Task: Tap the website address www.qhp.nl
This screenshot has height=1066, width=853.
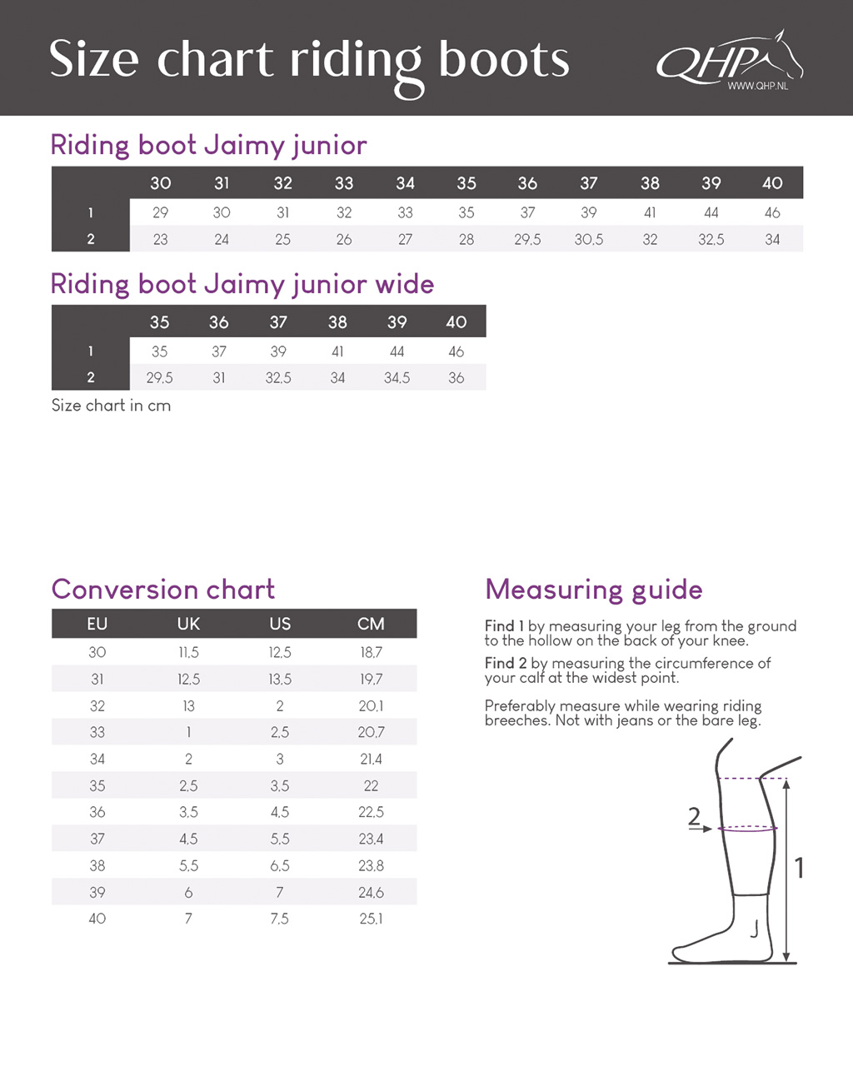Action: (756, 87)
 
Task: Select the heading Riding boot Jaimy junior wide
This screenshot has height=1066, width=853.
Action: (242, 284)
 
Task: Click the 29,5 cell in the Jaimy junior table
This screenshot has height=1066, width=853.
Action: (527, 239)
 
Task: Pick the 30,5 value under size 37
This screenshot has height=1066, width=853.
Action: (589, 239)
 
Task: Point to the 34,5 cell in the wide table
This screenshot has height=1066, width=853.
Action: (397, 377)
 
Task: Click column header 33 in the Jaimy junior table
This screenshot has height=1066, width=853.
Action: (344, 183)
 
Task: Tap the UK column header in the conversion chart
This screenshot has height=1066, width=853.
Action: (188, 624)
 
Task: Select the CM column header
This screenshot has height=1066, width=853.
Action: (371, 624)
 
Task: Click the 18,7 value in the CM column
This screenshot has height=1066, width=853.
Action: (371, 652)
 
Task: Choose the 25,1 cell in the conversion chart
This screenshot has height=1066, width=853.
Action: (371, 919)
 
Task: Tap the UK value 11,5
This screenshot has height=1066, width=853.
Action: (188, 652)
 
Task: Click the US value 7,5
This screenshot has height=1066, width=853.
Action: (280, 919)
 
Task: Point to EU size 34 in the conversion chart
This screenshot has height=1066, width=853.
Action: (97, 759)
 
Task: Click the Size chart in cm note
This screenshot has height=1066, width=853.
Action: (111, 406)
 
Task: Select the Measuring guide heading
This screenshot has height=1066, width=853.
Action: (594, 590)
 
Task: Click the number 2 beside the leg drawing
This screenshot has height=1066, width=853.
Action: (695, 816)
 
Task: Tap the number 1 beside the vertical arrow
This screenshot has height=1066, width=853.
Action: (800, 868)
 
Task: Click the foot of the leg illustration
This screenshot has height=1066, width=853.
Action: (708, 945)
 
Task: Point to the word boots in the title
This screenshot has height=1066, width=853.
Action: (504, 61)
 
